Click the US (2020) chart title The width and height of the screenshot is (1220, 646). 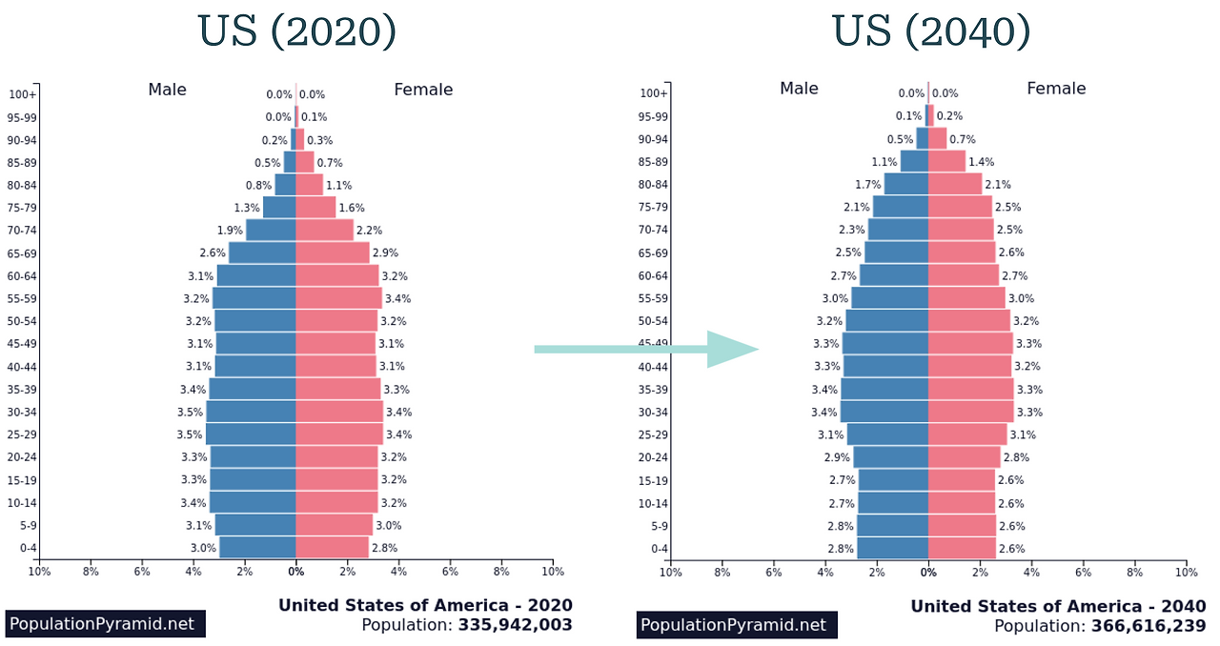point(296,31)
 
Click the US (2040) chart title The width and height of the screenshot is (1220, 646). point(931,31)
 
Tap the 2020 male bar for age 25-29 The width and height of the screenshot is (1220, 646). point(251,434)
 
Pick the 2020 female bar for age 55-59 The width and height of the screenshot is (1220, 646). point(338,298)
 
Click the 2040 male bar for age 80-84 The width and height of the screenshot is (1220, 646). point(905,184)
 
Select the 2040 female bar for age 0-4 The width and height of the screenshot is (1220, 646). point(962,548)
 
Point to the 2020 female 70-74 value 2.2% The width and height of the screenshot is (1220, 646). point(369,231)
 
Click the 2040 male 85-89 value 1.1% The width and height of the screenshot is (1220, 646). point(884,162)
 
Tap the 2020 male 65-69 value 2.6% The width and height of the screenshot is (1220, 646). point(213,253)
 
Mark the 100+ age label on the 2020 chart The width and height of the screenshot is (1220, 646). point(23,94)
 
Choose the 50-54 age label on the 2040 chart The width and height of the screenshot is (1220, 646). point(653,321)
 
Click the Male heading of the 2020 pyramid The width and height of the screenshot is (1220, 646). point(167,90)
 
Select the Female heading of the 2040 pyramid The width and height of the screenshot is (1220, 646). point(1056,89)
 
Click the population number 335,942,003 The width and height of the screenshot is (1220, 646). point(515,625)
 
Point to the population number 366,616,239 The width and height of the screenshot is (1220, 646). point(1148,626)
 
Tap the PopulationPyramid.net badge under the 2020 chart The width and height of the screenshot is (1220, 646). point(105,625)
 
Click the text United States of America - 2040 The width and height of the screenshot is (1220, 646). point(1058,606)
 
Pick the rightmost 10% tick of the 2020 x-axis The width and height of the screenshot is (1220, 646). point(553,572)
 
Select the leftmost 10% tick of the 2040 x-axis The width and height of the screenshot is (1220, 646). point(671,572)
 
